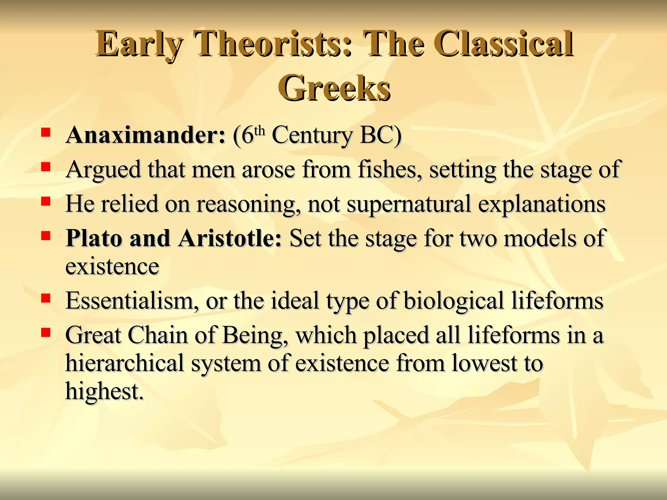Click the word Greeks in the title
(334, 88)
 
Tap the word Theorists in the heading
(272, 44)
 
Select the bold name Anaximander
(145, 135)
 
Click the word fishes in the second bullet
(387, 170)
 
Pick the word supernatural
(408, 204)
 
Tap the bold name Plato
(94, 238)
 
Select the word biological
(454, 300)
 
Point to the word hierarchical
(125, 363)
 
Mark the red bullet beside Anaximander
(46, 132)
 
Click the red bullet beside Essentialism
(46, 298)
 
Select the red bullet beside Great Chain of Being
(46, 332)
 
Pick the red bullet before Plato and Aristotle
(46, 235)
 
